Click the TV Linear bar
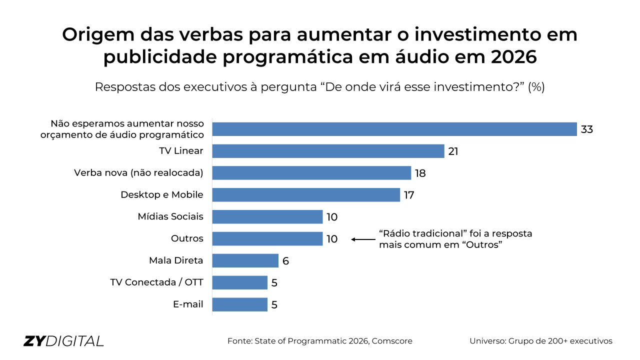(x=328, y=151)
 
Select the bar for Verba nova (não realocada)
(x=311, y=173)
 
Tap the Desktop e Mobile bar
(x=306, y=195)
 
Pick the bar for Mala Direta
(x=245, y=260)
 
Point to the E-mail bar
(x=239, y=304)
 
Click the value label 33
(x=586, y=129)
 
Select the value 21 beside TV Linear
(x=453, y=151)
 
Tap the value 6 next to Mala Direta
(x=285, y=261)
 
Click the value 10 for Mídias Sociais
(x=332, y=217)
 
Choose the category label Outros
(x=187, y=238)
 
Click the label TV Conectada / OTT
(x=156, y=282)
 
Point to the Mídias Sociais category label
(x=170, y=216)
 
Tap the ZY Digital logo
(x=63, y=341)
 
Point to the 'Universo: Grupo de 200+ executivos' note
(x=540, y=341)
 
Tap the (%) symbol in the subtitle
(x=536, y=87)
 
